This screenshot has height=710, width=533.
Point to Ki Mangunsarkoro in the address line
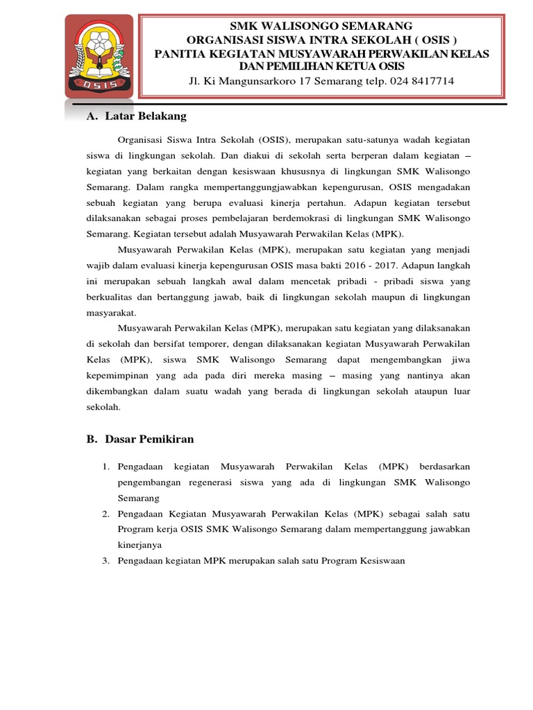(244, 81)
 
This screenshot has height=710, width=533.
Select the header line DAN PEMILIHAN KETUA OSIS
(321, 66)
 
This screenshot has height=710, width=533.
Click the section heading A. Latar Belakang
(136, 116)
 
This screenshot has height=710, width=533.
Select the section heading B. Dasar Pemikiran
(140, 439)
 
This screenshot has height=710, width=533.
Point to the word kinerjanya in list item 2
(140, 545)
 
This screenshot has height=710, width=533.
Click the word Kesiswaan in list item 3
(379, 560)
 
